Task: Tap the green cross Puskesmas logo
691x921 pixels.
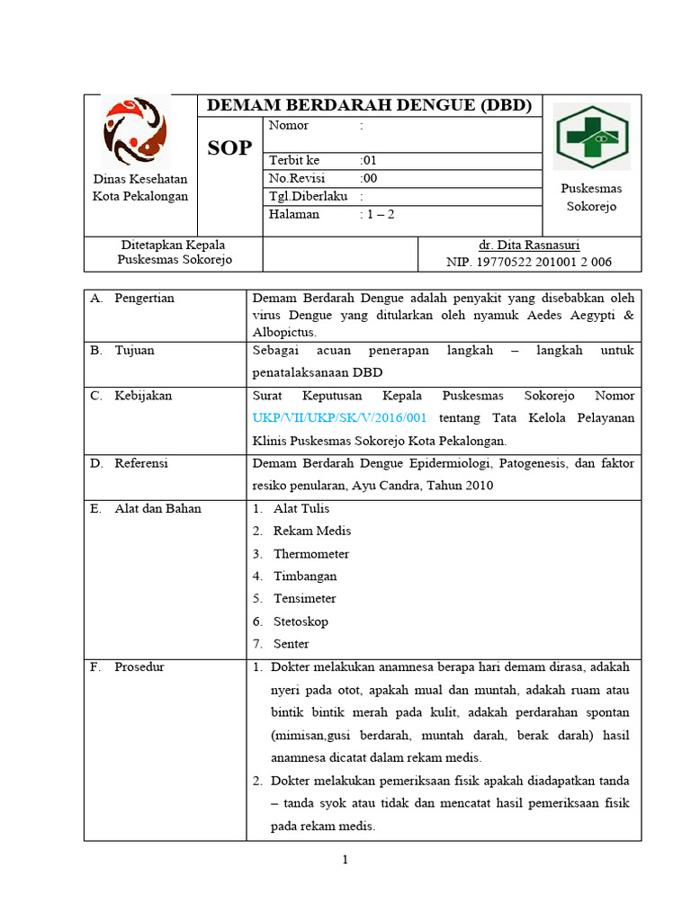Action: pyautogui.click(x=591, y=137)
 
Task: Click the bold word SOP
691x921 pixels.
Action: pyautogui.click(x=229, y=149)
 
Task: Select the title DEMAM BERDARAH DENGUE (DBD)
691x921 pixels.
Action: pyautogui.click(x=369, y=105)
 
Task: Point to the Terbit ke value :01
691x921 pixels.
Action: pyautogui.click(x=369, y=160)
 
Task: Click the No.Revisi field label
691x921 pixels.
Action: pyautogui.click(x=298, y=178)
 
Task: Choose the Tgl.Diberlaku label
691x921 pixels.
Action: pyautogui.click(x=308, y=196)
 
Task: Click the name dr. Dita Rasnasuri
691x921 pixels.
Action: pyautogui.click(x=529, y=245)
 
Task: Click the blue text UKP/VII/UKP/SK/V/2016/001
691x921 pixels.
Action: pyautogui.click(x=339, y=418)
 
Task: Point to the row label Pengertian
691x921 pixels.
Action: pyautogui.click(x=144, y=298)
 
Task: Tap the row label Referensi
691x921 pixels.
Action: pyautogui.click(x=141, y=463)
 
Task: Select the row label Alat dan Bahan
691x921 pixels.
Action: pyautogui.click(x=157, y=508)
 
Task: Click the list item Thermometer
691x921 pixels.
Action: pyautogui.click(x=311, y=554)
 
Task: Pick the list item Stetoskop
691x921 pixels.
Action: pyautogui.click(x=301, y=621)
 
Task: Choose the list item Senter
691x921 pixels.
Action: pyautogui.click(x=291, y=644)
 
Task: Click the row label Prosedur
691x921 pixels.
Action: pyautogui.click(x=139, y=667)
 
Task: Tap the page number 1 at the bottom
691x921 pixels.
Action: pyautogui.click(x=345, y=861)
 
